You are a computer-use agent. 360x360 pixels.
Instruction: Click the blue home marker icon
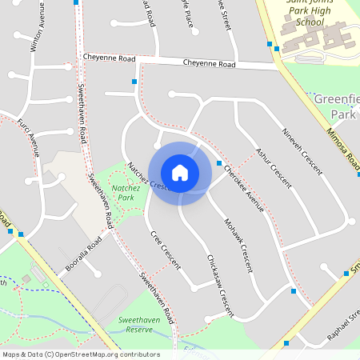[180, 173]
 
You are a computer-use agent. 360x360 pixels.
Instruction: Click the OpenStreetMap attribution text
[81, 354]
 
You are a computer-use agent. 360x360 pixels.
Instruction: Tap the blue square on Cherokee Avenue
[219, 164]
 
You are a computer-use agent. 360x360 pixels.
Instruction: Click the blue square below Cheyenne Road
[134, 82]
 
